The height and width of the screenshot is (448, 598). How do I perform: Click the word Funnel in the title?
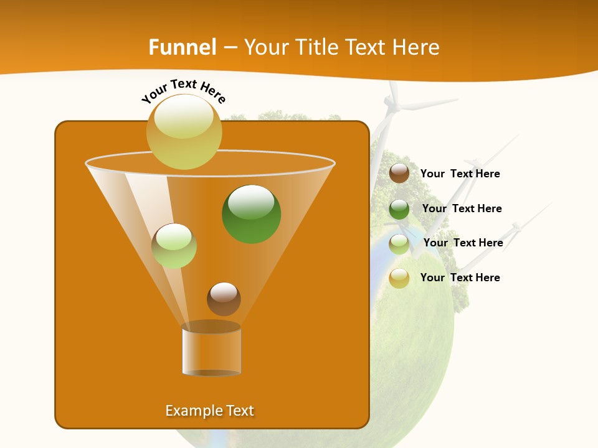183,47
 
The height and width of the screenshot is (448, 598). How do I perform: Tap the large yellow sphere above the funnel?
184,131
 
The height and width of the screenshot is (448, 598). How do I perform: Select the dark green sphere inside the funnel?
251,214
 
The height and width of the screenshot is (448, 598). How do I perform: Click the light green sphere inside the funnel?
174,246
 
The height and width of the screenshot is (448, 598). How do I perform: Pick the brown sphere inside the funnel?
224,299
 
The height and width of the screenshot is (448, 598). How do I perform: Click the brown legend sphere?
399,174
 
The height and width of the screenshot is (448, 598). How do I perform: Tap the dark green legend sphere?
399,209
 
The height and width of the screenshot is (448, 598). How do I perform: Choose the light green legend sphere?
399,244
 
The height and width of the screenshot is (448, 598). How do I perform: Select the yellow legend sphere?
399,278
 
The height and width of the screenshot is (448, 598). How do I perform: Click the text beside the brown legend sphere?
460,174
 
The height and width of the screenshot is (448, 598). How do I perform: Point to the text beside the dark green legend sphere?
462,209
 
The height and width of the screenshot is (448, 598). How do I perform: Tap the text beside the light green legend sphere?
463,243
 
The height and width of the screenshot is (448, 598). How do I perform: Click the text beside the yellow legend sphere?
460,278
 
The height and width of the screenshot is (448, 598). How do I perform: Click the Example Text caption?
209,411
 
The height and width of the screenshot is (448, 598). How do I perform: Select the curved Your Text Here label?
184,90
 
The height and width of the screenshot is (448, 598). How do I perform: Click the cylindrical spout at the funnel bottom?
211,350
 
